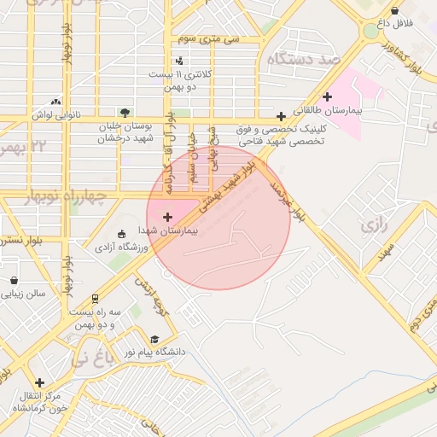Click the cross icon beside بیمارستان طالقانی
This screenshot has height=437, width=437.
328,96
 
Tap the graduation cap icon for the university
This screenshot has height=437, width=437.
154,339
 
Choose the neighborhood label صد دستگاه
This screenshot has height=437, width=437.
304,59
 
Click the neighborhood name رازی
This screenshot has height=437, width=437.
374,226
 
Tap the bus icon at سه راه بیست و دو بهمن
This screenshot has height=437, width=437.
96,300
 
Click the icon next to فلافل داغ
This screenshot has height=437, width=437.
394,11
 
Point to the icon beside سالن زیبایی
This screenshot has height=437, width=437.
14,280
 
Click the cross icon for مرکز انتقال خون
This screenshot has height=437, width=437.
39,382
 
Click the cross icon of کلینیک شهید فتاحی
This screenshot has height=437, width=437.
281,116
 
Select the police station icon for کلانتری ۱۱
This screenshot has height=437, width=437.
179,61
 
